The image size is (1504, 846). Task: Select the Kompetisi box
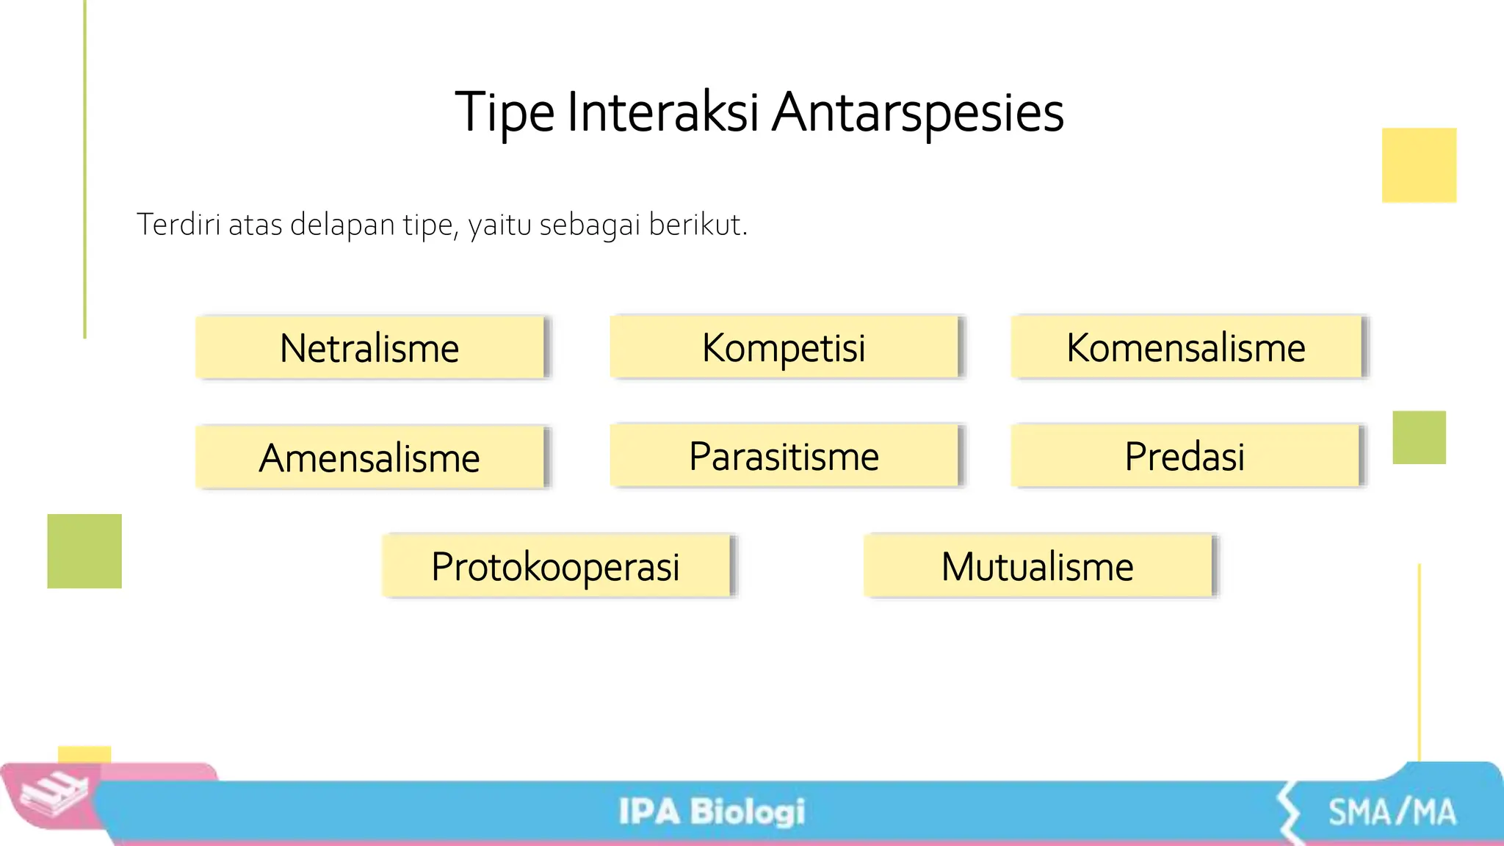point(784,347)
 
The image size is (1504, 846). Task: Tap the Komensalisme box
point(1185,347)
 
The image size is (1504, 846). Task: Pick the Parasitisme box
point(784,456)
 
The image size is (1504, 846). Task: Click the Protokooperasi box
point(556,566)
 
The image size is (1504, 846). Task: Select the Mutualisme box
point(1037,566)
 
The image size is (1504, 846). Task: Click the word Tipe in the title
point(505,112)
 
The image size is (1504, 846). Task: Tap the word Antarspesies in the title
point(918,112)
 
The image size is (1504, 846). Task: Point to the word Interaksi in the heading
point(662,112)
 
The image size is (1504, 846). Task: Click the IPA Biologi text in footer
point(711,811)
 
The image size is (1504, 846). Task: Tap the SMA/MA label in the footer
point(1392,812)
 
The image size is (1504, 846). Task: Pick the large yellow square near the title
point(1419,165)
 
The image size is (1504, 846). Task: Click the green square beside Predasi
point(1419,438)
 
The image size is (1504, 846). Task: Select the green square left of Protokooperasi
point(84,551)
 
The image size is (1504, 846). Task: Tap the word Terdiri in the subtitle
point(178,225)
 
